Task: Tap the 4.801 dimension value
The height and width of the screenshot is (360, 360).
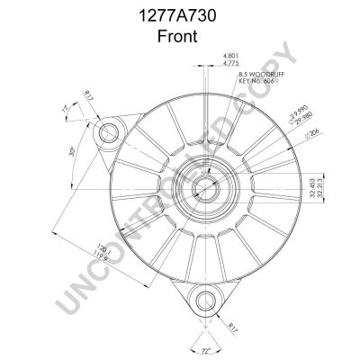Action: pos(230,57)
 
